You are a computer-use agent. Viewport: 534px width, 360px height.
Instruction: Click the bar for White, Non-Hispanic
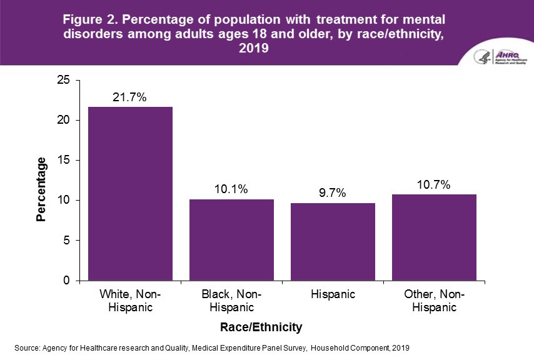[x=130, y=194]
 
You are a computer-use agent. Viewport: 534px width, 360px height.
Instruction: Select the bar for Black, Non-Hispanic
[x=231, y=240]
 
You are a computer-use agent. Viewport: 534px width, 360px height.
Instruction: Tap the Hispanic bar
[x=332, y=242]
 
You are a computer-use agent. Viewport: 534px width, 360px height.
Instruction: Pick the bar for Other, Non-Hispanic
[x=434, y=237]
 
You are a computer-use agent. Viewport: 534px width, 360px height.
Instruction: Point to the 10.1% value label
[x=231, y=189]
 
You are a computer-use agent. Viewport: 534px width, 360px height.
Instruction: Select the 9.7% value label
[x=332, y=193]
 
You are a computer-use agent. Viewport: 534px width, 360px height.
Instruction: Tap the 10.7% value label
[x=434, y=185]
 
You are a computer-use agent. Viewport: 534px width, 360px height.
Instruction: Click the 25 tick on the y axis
[x=63, y=80]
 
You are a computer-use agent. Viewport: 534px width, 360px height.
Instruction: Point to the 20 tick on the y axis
[x=63, y=120]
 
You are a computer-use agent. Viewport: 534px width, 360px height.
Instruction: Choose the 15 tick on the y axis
[x=63, y=161]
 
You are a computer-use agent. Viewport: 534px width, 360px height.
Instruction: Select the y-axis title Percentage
[x=41, y=189]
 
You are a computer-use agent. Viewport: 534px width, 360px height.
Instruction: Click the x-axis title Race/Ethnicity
[x=261, y=327]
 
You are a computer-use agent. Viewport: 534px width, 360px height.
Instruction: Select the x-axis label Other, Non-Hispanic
[x=434, y=301]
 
